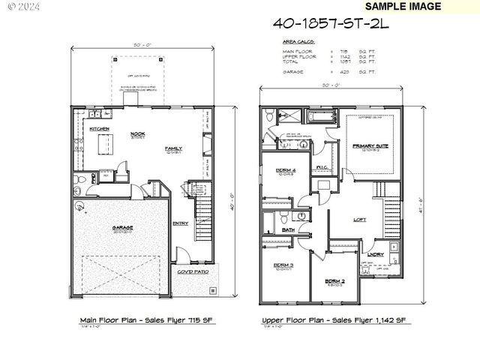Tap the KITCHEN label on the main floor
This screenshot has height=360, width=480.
pos(99,129)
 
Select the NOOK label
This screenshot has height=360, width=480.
pos(137,135)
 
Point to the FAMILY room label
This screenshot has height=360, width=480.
pos(173,148)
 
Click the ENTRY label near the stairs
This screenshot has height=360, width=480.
pos(181,223)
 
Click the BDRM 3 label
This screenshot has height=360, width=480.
pos(283,265)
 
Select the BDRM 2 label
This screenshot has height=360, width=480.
pos(334,281)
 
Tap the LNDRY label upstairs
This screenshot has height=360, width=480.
pos(376,254)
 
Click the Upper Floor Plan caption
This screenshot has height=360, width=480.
pos(334,320)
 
